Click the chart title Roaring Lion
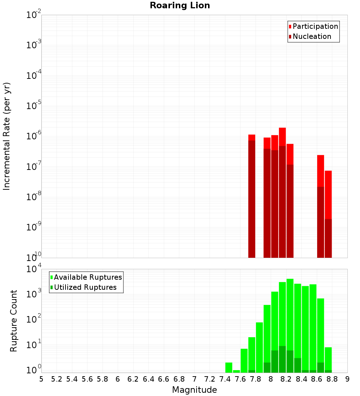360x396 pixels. pyautogui.click(x=180, y=5)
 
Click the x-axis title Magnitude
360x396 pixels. pyautogui.click(x=194, y=390)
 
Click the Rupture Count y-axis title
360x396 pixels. pyautogui.click(x=14, y=321)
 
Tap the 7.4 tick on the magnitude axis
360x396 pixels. pyautogui.click(x=225, y=379)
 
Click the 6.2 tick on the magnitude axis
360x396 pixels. pyautogui.click(x=133, y=379)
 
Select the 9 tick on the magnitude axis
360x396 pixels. pyautogui.click(x=347, y=379)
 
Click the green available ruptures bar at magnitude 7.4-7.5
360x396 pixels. pyautogui.click(x=229, y=368)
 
